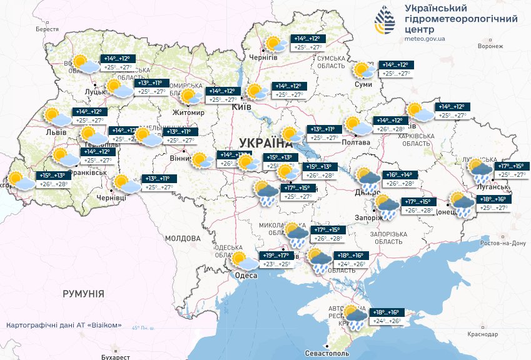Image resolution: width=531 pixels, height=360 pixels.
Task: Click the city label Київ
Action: pyautogui.click(x=241, y=107)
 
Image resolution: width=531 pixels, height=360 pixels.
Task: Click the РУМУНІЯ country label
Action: pyautogui.click(x=83, y=293)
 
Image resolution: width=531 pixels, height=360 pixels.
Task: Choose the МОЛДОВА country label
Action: pyautogui.click(x=183, y=238)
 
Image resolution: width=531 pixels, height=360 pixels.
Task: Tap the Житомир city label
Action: pyautogui.click(x=190, y=112)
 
